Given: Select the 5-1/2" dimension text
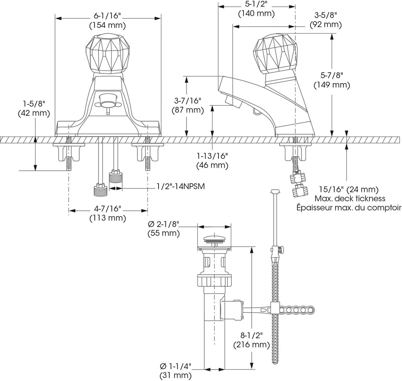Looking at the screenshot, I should tap(256, 9).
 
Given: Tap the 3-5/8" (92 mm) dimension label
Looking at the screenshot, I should tap(325, 20).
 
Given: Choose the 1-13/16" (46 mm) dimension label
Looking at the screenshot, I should tap(212, 160).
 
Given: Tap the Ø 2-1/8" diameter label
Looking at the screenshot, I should tap(163, 229).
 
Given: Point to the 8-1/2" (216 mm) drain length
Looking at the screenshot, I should tap(251, 340).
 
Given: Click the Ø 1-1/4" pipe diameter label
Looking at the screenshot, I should tap(175, 371).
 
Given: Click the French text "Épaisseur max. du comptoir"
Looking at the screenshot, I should tap(349, 208).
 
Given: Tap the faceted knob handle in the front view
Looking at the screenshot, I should tap(105, 54).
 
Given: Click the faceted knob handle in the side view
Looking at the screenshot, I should tap(274, 54).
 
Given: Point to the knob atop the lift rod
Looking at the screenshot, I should tap(275, 191).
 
